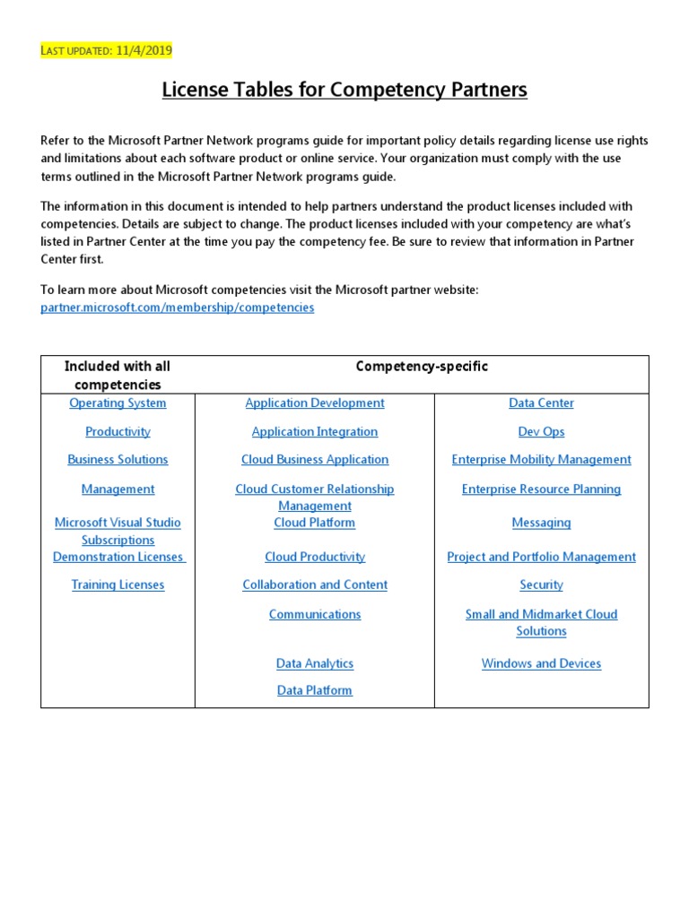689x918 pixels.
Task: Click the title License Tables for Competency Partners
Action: pos(344,90)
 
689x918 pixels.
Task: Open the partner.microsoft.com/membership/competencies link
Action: pos(178,307)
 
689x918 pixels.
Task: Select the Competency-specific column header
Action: pos(422,366)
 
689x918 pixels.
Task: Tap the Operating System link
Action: pos(118,403)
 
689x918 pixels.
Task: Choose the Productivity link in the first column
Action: pos(118,431)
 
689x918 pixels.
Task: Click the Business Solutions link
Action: pos(118,459)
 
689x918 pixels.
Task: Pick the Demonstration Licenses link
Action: pos(118,557)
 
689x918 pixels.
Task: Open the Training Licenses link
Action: pos(118,585)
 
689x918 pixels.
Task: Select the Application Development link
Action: pos(315,403)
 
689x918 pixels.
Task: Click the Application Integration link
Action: pos(315,431)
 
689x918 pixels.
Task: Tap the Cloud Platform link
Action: pos(315,522)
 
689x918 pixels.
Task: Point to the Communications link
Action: pos(315,614)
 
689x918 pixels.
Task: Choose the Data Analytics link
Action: pos(315,663)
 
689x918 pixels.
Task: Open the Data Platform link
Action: pos(315,690)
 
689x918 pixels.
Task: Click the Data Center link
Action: pos(541,403)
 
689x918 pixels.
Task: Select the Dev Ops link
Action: pos(541,431)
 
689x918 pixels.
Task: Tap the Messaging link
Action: pos(541,522)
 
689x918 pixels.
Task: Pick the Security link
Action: pos(541,585)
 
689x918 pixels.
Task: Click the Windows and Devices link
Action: pos(541,663)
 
